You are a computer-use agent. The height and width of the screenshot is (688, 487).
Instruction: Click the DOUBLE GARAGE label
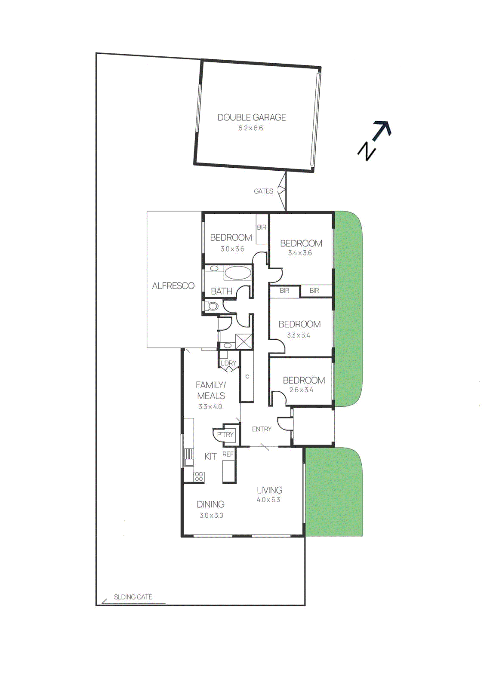(x=252, y=117)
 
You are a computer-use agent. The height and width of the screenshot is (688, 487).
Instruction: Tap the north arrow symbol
(x=374, y=140)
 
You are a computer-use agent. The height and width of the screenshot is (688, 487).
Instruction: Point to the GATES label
(x=263, y=191)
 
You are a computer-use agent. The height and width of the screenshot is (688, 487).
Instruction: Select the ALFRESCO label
(x=173, y=286)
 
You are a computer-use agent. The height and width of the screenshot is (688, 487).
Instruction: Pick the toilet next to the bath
(x=213, y=307)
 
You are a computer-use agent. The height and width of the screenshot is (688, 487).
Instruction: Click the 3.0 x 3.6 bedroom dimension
(x=232, y=249)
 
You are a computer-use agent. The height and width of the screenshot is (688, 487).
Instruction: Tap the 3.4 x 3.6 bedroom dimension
(x=300, y=253)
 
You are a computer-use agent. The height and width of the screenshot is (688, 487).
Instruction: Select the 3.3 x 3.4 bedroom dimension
(x=298, y=335)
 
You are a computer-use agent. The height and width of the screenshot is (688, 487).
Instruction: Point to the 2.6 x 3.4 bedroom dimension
(x=301, y=390)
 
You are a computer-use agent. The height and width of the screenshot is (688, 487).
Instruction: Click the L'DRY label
(x=228, y=363)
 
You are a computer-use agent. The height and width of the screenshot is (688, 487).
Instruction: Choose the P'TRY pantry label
(x=225, y=435)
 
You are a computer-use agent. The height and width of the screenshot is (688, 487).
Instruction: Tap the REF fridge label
(x=228, y=454)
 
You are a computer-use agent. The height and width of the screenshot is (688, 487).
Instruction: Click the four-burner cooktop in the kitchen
(x=199, y=476)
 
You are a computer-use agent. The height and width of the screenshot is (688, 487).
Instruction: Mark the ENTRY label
(x=262, y=429)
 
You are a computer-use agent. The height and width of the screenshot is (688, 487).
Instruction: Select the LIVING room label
(x=269, y=490)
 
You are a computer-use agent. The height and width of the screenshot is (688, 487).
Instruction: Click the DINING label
(x=210, y=504)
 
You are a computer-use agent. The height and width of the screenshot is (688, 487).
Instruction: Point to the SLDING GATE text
(x=133, y=597)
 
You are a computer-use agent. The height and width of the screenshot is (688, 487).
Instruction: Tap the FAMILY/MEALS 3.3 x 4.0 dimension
(x=210, y=407)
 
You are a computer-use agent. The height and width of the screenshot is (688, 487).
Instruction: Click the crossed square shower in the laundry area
(x=243, y=342)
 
